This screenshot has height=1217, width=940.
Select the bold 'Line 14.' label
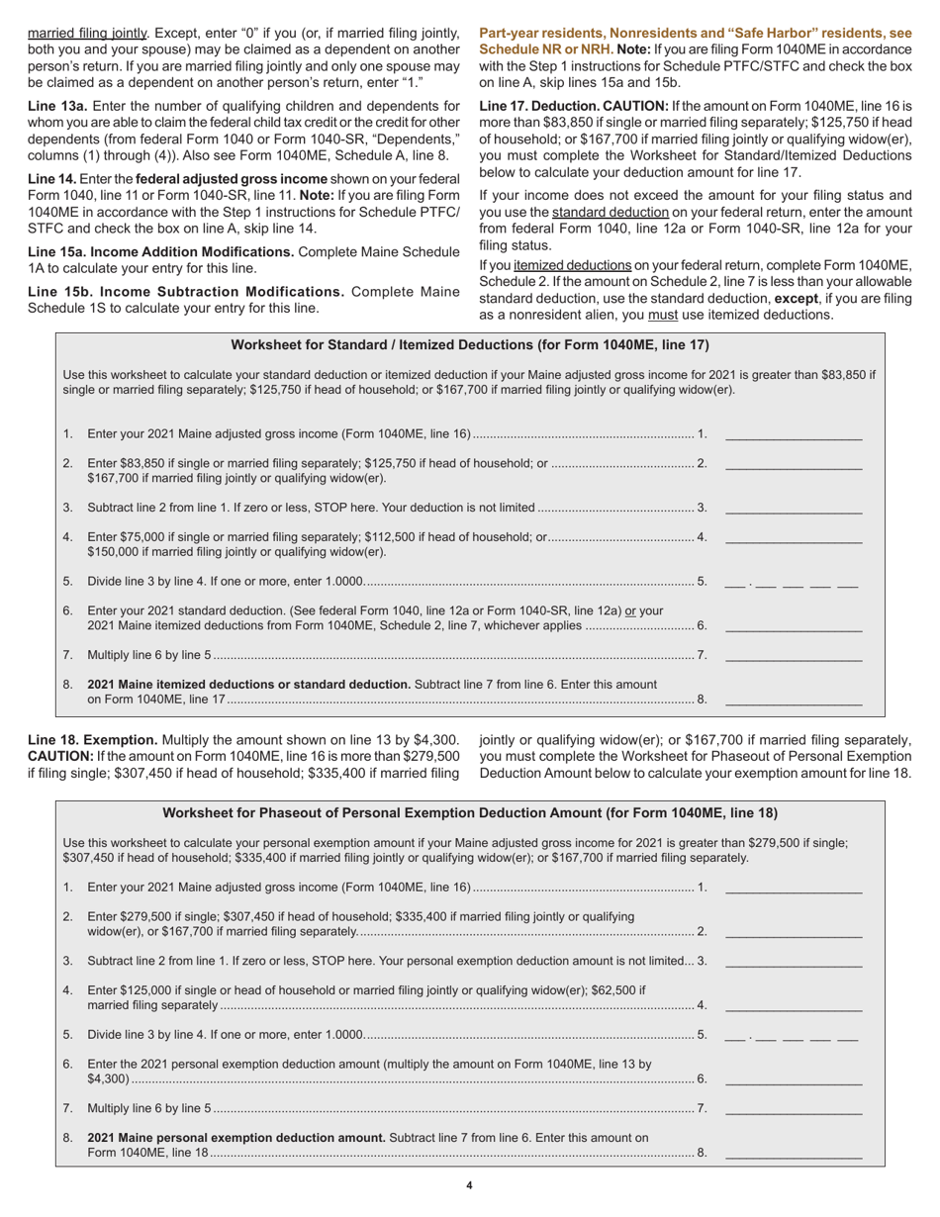coord(52,178)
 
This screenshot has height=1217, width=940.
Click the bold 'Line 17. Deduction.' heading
coord(541,105)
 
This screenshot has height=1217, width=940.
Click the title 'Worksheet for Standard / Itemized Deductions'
coord(469,345)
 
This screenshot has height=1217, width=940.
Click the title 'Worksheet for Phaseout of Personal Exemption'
coord(469,812)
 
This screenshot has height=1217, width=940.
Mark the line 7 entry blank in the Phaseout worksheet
coord(793,1108)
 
